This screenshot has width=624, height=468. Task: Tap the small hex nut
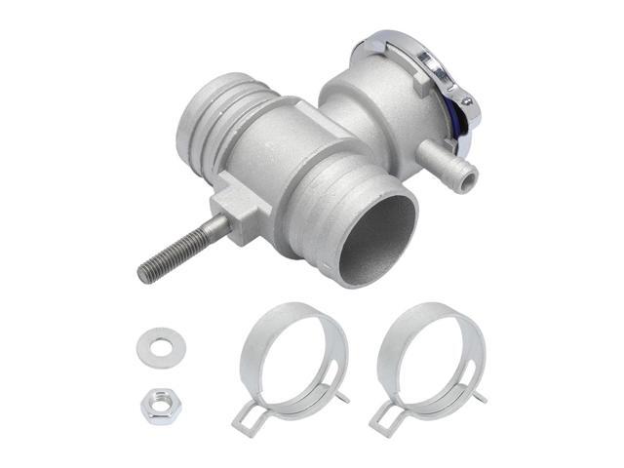coord(158,404)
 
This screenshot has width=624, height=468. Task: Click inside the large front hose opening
coord(375,235)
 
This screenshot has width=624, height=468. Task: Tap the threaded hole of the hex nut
coord(158,404)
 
